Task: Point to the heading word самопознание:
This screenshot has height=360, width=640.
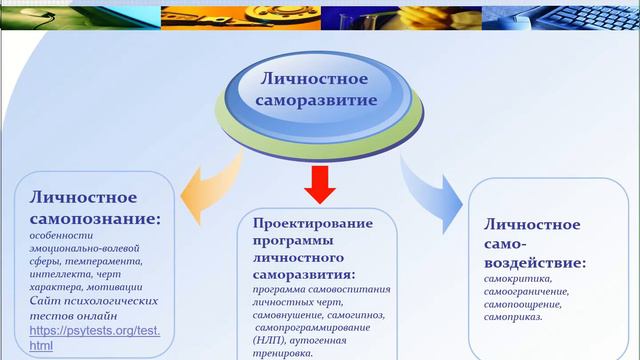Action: pos(94,217)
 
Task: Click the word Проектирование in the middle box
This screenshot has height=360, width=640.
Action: pos(313,221)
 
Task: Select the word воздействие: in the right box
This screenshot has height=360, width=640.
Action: pos(534,263)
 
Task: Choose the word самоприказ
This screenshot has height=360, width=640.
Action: pos(513,318)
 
